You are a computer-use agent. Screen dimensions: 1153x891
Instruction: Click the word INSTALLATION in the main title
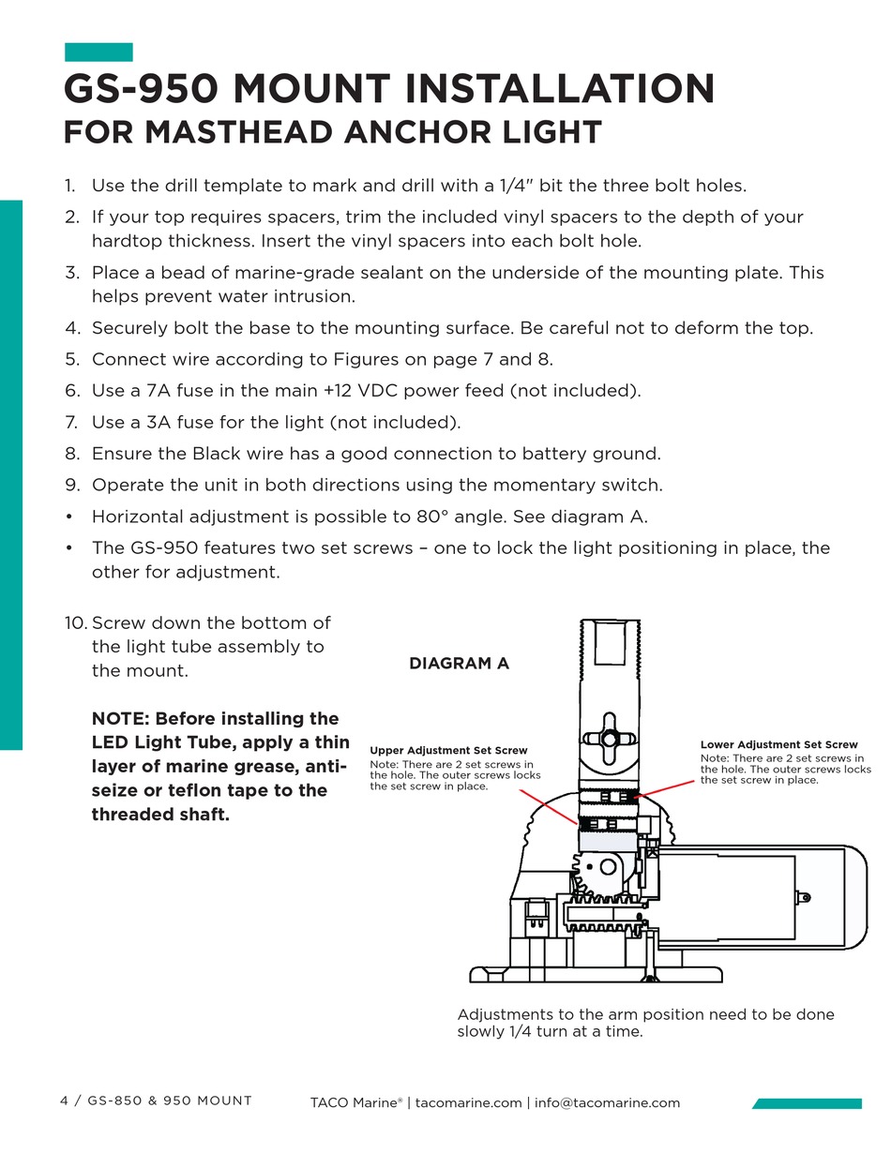[559, 90]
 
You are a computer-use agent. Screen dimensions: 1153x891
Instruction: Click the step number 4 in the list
[71, 329]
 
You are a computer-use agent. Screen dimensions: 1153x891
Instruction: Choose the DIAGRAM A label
[459, 664]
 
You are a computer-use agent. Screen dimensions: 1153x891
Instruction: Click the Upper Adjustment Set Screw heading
[448, 750]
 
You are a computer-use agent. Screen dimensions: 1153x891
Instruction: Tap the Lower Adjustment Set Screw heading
[778, 744]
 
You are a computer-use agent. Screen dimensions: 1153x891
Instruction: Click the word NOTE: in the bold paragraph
[120, 719]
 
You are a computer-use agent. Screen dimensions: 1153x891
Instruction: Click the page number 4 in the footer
[64, 1101]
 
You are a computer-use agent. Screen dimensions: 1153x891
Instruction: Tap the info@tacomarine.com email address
[607, 1103]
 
